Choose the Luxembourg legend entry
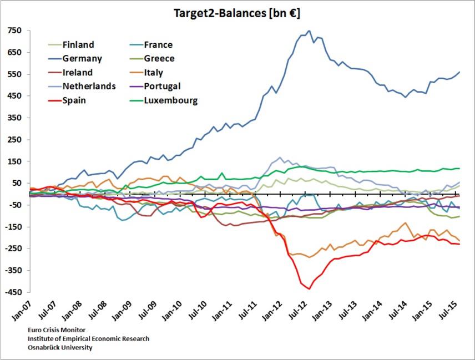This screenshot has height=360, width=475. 170,100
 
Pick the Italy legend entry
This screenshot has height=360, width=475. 153,73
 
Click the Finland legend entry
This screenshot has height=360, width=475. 78,44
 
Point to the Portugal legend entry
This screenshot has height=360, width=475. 162,87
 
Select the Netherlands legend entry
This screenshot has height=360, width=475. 89,87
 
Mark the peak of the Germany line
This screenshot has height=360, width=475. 309,31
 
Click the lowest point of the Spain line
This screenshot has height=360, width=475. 309,289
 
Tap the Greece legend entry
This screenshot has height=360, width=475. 159,58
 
